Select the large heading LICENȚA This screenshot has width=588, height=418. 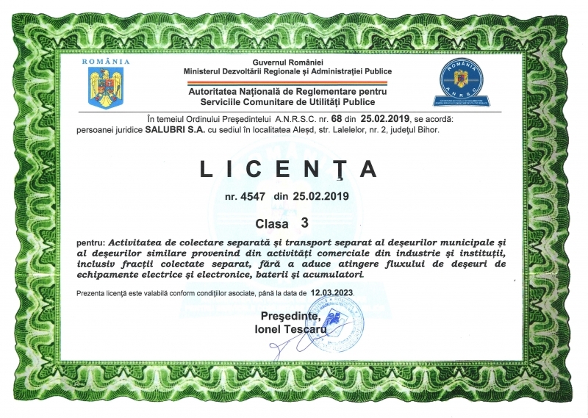tap(289, 169)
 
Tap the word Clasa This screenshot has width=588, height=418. tap(272, 221)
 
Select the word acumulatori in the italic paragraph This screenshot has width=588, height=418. tap(333, 274)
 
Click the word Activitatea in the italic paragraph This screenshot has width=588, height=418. tap(138, 241)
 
